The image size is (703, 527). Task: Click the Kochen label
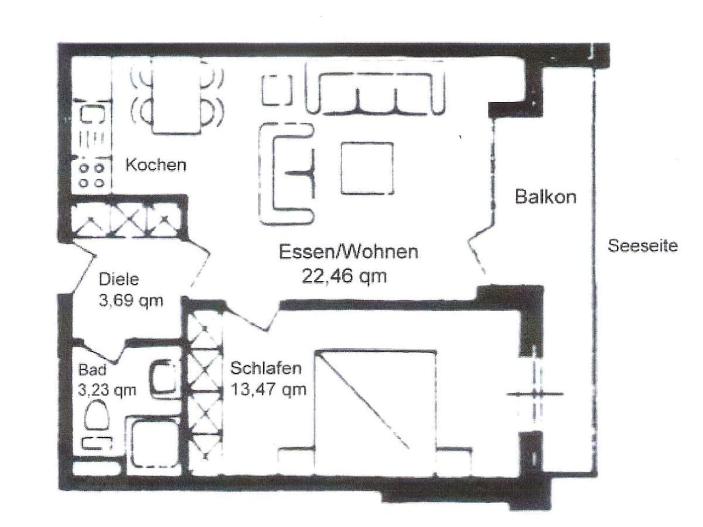(156, 165)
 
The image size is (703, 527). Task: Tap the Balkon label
(546, 197)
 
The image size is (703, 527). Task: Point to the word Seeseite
(643, 246)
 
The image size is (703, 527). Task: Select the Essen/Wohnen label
(348, 252)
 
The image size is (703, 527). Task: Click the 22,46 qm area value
(344, 276)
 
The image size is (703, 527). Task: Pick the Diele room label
(119, 280)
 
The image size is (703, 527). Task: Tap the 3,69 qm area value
(131, 301)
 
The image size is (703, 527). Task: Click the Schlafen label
(266, 368)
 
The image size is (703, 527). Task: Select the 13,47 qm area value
(268, 389)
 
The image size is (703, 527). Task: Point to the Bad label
(92, 370)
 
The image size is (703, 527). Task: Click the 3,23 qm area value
(107, 390)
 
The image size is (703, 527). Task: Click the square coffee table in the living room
(367, 168)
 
